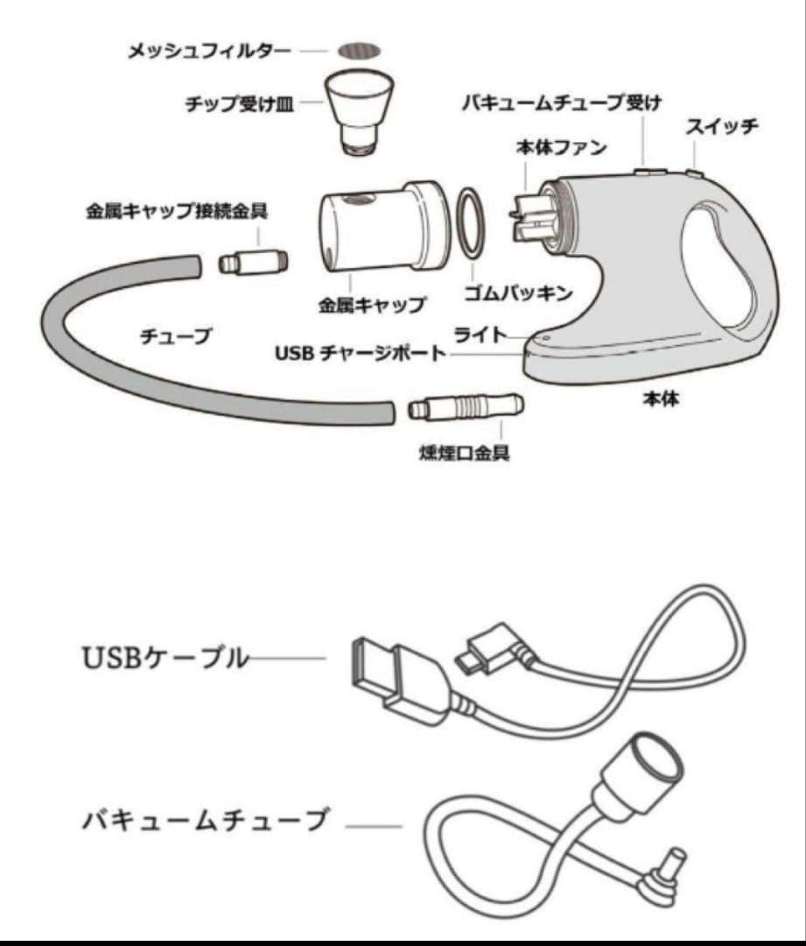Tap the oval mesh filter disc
point(361,49)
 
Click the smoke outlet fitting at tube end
point(466,407)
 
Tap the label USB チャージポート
point(360,355)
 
